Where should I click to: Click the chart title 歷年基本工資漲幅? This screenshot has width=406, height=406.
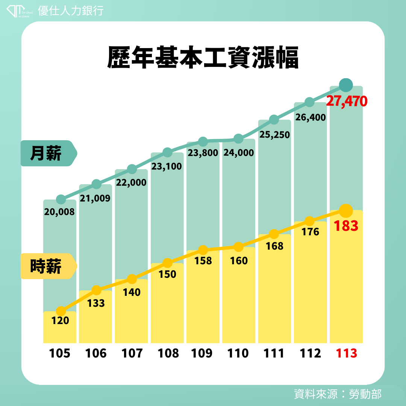[203, 58]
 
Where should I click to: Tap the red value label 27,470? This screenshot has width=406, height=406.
[346, 101]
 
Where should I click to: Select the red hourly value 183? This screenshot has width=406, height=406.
[345, 226]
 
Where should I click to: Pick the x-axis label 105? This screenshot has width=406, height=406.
[60, 353]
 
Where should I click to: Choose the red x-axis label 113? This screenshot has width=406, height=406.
[346, 353]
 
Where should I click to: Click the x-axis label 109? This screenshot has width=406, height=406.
[203, 353]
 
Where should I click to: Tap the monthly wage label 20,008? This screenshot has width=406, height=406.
[59, 212]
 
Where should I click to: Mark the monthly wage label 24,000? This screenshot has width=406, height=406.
[238, 153]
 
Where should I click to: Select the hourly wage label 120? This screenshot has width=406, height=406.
[60, 321]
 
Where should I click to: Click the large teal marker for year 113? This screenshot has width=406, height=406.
[346, 85]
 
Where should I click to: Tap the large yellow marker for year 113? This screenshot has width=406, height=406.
[345, 211]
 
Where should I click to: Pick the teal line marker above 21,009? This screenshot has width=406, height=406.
[96, 184]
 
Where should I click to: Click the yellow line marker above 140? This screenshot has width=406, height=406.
[132, 279]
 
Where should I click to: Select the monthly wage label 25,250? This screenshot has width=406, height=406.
[274, 134]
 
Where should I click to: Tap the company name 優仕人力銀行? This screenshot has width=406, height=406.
[71, 11]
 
